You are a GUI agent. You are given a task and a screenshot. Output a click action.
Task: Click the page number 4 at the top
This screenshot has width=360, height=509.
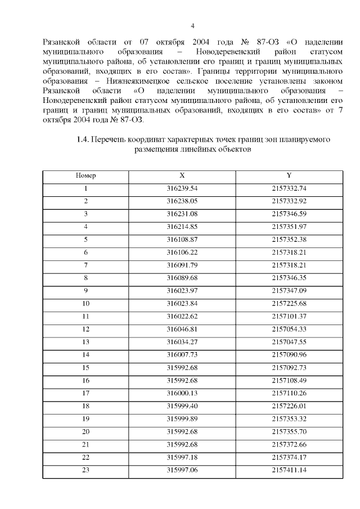coord(192,26)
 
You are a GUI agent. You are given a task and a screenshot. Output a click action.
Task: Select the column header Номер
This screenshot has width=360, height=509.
coord(85,175)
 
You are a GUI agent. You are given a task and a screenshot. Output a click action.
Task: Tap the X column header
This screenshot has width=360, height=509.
coord(182,175)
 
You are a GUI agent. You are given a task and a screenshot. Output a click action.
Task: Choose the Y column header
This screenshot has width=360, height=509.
coord(289,175)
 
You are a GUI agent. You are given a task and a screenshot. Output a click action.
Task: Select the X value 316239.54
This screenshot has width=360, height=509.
coord(182,188)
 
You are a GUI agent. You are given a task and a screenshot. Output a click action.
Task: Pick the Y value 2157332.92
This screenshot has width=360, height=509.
coord(289,201)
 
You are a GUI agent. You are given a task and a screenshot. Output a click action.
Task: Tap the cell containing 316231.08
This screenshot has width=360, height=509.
coord(182,214)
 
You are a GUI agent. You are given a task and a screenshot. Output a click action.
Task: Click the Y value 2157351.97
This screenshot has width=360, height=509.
coord(289,227)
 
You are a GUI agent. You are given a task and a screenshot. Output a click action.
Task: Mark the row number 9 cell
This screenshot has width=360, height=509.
coord(85,290)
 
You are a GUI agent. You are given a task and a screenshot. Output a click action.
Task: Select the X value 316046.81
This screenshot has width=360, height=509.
coord(182,328)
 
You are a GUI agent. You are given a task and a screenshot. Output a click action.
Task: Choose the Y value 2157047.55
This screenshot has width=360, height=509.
coord(289,341)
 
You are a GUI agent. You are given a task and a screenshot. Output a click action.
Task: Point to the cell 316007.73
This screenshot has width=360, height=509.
coord(182,354)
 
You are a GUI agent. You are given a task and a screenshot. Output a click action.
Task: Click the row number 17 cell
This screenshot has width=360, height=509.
coord(85,393)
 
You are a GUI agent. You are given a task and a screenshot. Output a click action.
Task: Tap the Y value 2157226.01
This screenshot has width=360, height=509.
coord(289,406)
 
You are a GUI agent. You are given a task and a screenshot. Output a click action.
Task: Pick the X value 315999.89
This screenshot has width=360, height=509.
coord(182,418)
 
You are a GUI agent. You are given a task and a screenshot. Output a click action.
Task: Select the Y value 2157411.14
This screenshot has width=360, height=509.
coord(289,470)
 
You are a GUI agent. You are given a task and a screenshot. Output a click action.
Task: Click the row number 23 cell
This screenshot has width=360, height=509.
coord(85,470)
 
